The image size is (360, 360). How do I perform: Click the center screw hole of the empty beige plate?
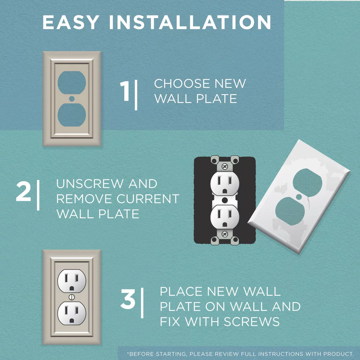[72, 98]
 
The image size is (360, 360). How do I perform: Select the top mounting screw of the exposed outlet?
[225, 166]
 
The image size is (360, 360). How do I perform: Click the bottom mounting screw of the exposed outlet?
[225, 234]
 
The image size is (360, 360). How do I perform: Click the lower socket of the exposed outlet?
[225, 216]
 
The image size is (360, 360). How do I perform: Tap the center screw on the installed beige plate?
[72, 297]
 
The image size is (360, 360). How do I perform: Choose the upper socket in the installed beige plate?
[72, 281]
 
